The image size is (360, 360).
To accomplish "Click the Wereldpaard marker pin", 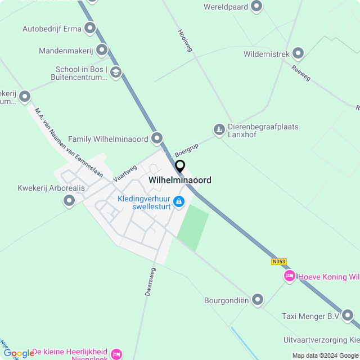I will pyautogui.click(x=256, y=7).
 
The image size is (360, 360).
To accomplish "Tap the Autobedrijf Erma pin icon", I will pyautogui.click(x=90, y=28).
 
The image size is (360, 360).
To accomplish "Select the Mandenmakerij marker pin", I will pyautogui.click(x=102, y=51).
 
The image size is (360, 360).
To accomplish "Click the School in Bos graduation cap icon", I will pyautogui.click(x=116, y=72).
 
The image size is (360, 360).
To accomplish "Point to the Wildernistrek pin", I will pyautogui.click(x=298, y=54).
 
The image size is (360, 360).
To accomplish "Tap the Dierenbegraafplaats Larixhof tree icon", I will pyautogui.click(x=219, y=130).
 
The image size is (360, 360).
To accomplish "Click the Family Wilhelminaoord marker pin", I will pyautogui.click(x=157, y=138).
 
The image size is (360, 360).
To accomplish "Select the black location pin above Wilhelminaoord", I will pyautogui.click(x=180, y=166).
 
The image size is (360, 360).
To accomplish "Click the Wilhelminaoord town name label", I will pyautogui.click(x=180, y=180).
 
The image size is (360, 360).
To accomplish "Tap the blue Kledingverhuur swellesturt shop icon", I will pyautogui.click(x=179, y=201).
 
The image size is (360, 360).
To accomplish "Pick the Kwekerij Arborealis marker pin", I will pyautogui.click(x=69, y=200).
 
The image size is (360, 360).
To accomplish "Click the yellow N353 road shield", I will pyautogui.click(x=278, y=262).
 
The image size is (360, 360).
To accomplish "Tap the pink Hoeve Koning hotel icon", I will pyautogui.click(x=290, y=276).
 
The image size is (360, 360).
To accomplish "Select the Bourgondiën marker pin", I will pyautogui.click(x=258, y=300).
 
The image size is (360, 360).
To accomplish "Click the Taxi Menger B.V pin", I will pyautogui.click(x=348, y=316).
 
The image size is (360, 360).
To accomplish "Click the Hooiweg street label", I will pyautogui.click(x=185, y=40).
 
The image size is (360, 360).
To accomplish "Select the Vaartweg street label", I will pyautogui.click(x=125, y=172).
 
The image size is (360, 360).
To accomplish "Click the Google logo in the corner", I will pyautogui.click(x=19, y=353).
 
